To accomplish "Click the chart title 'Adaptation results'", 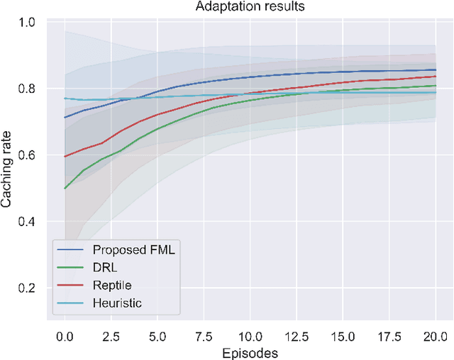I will point(249,7).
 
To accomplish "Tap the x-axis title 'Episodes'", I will point(249,352).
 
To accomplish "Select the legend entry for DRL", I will point(103,268).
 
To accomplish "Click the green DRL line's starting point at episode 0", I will point(65,189).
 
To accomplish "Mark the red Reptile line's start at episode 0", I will point(65,157).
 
